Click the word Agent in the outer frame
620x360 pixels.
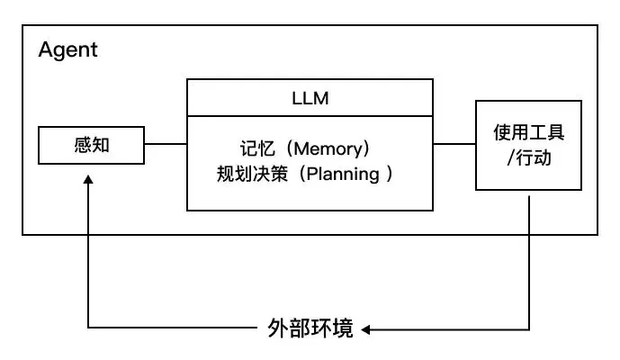pos(67,49)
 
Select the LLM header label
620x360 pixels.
pos(310,98)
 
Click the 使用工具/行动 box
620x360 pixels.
pos(528,145)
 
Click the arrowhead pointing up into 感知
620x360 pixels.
pos(88,180)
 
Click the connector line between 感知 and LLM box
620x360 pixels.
pos(165,144)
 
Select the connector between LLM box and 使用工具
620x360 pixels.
pos(454,144)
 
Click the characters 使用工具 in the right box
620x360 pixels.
pos(529,132)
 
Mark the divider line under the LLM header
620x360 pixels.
pos(310,116)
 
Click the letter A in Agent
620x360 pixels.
pos(45,49)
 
